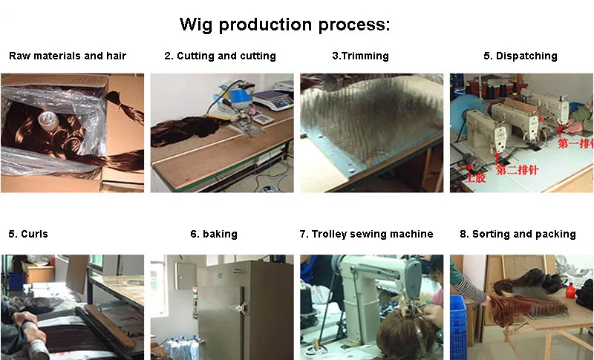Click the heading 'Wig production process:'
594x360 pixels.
[284, 24]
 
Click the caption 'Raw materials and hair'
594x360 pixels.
[68, 56]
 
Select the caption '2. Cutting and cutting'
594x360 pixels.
[220, 56]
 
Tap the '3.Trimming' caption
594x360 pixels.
[360, 56]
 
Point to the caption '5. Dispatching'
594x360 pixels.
[520, 56]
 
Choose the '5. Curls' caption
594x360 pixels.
[28, 234]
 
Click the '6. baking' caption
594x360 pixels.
[214, 234]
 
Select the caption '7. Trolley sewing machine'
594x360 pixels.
[366, 234]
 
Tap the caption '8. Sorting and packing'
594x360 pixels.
[518, 234]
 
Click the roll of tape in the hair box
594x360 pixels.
[48, 121]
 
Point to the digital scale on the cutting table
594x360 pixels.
[273, 100]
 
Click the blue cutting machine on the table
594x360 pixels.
[234, 99]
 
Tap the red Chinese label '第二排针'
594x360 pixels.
[517, 170]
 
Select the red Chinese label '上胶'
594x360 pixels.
[475, 177]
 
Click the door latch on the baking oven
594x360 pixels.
[241, 308]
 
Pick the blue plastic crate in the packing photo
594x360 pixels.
[458, 328]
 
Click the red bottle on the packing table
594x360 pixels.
[570, 291]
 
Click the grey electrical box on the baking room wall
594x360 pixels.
[185, 276]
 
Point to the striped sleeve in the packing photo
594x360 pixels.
[469, 289]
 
